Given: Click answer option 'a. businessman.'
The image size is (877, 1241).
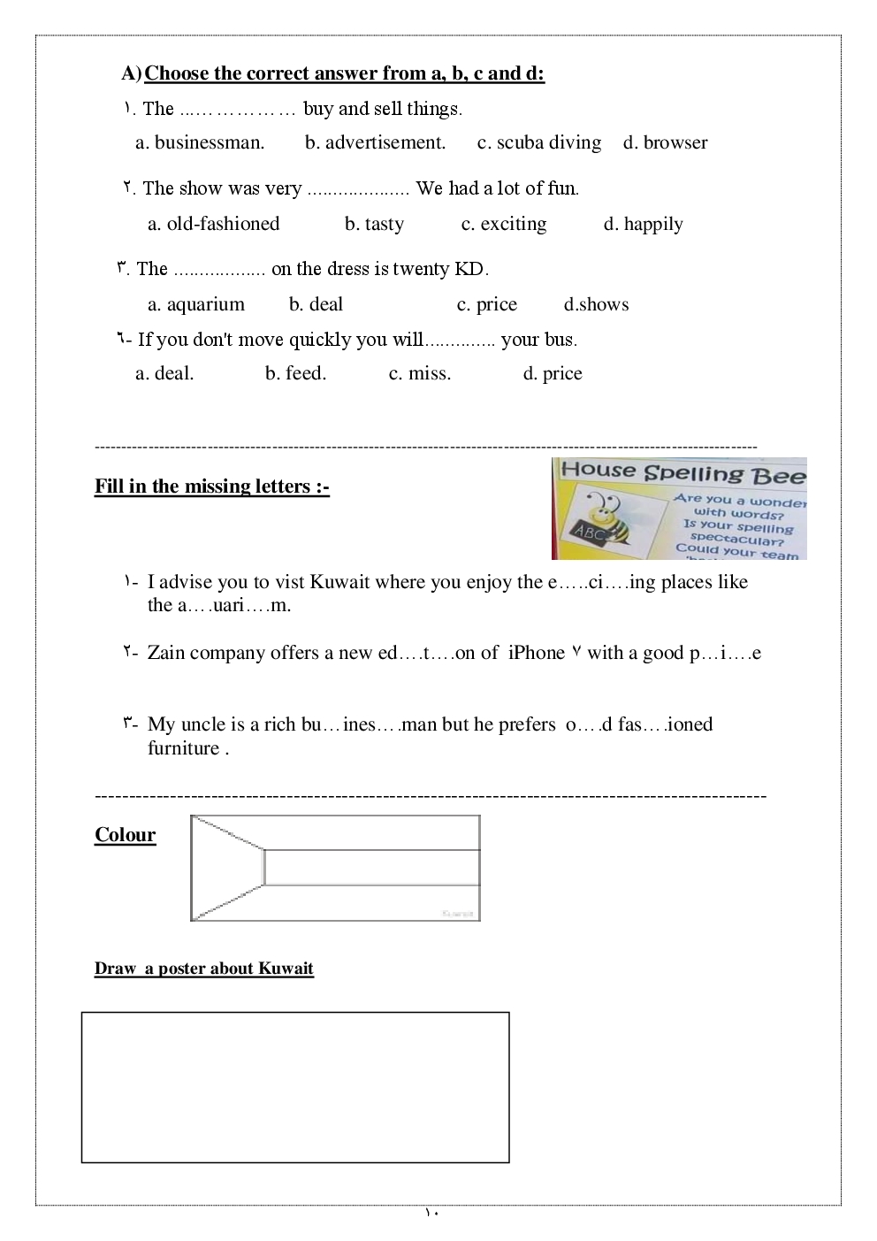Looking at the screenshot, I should tap(200, 142).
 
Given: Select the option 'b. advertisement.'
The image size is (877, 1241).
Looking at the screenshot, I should tap(375, 142).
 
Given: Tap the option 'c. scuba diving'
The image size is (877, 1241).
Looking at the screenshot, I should tap(539, 142).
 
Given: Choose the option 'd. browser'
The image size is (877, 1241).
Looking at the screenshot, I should tap(665, 142).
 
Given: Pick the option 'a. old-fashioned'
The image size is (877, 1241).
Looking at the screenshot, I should tap(213, 224).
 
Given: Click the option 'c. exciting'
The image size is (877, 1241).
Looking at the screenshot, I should tap(504, 224).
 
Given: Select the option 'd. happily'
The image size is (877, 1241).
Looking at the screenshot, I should tap(643, 224).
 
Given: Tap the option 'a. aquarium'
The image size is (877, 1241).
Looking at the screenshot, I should tap(195, 304).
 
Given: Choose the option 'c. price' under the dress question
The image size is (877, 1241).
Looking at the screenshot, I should tap(486, 304).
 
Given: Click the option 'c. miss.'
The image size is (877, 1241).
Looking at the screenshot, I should tap(420, 373).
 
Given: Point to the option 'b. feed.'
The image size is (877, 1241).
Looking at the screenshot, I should tap(295, 373).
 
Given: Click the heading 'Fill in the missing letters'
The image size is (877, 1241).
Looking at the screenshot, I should tap(211, 486).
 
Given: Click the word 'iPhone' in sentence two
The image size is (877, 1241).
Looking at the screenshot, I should tap(536, 653).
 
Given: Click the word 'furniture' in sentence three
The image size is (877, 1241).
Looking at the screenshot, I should tap(183, 748).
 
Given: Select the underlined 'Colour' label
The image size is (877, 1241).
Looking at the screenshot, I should tap(125, 835).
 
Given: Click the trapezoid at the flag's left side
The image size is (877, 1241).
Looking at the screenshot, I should tap(225, 867).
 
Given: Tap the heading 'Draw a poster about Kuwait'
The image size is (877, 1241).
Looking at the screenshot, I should tap(203, 969).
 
